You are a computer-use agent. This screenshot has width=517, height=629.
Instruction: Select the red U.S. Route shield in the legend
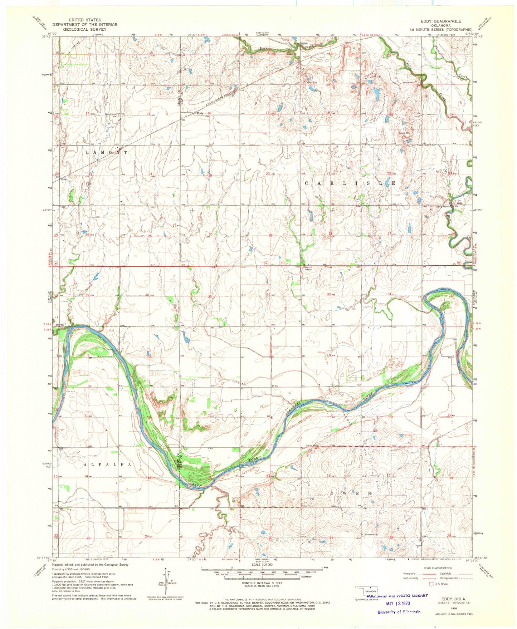point(431,584)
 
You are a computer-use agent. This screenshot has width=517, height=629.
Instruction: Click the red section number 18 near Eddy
point(209,113)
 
